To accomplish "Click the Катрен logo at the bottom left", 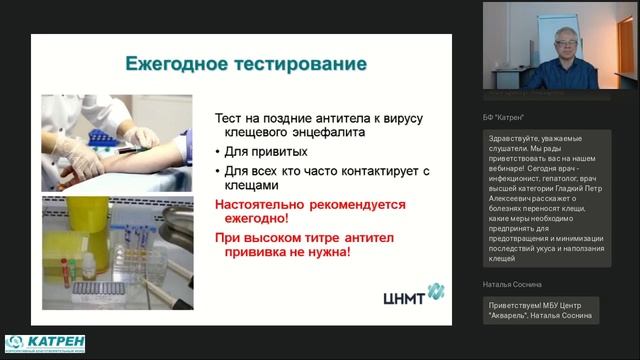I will coord(45,344).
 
